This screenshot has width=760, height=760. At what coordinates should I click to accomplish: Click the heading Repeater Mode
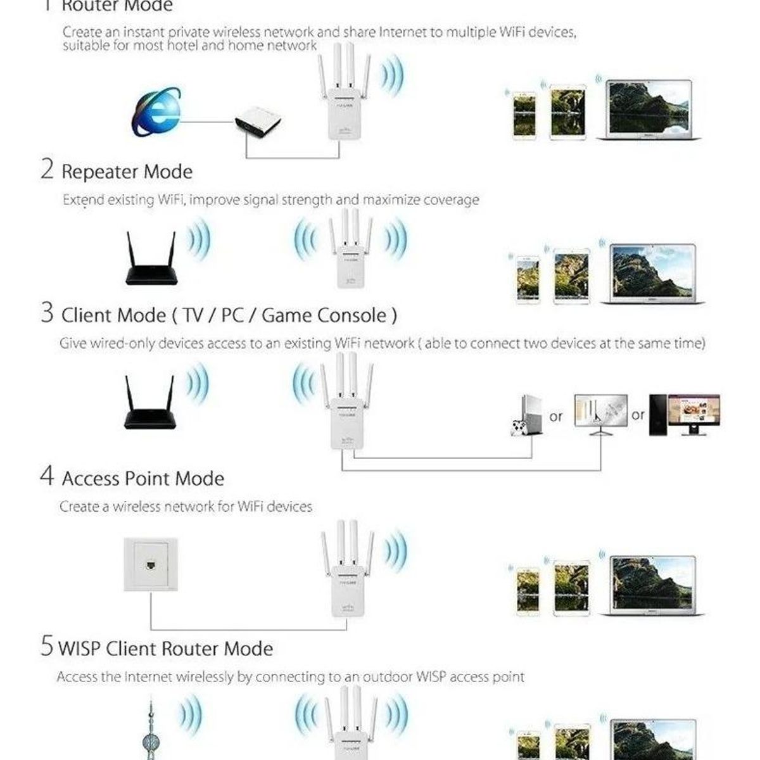click(127, 172)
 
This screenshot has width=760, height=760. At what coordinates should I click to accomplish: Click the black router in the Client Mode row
click(149, 404)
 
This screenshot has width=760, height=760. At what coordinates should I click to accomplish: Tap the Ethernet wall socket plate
click(150, 564)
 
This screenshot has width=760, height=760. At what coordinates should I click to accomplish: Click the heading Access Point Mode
click(142, 478)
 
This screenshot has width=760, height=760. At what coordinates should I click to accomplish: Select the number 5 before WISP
click(46, 647)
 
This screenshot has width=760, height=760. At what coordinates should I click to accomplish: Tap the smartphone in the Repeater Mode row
click(528, 279)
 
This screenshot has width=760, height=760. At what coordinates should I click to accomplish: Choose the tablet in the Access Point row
click(571, 588)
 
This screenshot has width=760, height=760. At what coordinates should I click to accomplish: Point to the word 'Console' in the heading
click(351, 315)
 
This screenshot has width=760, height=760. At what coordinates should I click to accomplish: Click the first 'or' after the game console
click(555, 417)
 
